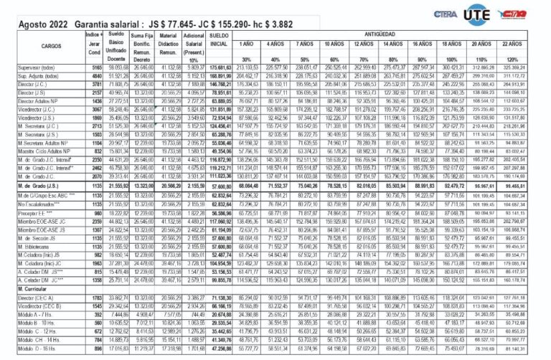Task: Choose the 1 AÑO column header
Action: [247, 44]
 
